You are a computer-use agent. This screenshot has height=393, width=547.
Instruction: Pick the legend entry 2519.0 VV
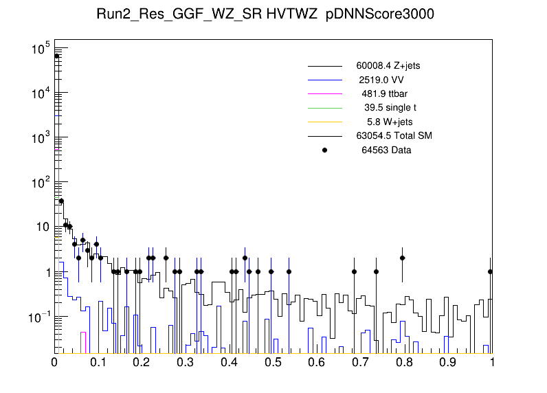click(x=385, y=80)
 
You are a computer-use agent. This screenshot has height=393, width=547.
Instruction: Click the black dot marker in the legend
click(x=325, y=150)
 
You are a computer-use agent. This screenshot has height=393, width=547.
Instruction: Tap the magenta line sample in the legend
click(x=325, y=93)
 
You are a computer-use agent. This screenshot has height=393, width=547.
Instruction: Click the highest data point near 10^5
click(x=57, y=56)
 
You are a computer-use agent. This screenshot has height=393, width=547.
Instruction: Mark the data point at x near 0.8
click(x=403, y=258)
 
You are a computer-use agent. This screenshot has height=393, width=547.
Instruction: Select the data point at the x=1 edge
click(x=490, y=271)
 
